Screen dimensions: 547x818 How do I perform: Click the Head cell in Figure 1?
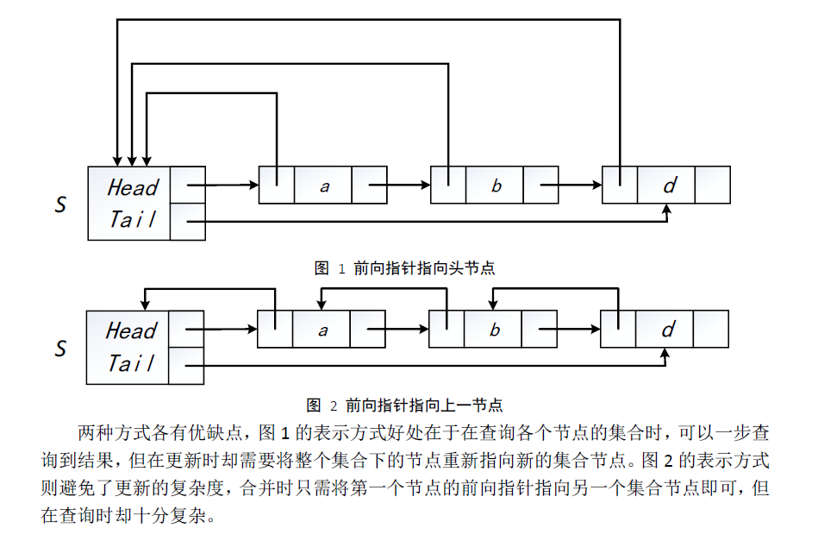click(x=133, y=186)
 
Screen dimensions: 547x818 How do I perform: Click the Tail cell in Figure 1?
click(x=133, y=220)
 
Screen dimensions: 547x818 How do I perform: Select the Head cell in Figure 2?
click(x=131, y=330)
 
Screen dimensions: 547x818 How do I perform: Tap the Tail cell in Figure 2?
click(x=131, y=363)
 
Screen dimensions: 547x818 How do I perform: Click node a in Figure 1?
click(x=324, y=185)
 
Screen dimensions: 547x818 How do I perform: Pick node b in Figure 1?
click(x=496, y=185)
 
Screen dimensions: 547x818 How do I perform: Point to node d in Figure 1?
click(x=668, y=185)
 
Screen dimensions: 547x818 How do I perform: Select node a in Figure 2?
click(x=323, y=330)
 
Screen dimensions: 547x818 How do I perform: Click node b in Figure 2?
click(x=495, y=330)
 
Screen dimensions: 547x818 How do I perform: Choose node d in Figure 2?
click(x=667, y=330)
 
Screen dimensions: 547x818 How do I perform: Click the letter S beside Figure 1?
click(x=60, y=205)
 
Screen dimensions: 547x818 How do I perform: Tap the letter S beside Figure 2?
click(x=60, y=349)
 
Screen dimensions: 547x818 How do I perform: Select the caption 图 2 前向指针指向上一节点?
click(x=404, y=404)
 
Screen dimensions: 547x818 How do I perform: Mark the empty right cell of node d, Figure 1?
click(x=712, y=185)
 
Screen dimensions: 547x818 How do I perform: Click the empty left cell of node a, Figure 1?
click(x=277, y=185)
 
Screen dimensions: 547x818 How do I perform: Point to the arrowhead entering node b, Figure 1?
click(x=425, y=185)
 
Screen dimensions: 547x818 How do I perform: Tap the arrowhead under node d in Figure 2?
click(x=666, y=353)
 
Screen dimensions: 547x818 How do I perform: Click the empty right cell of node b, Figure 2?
click(x=540, y=330)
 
